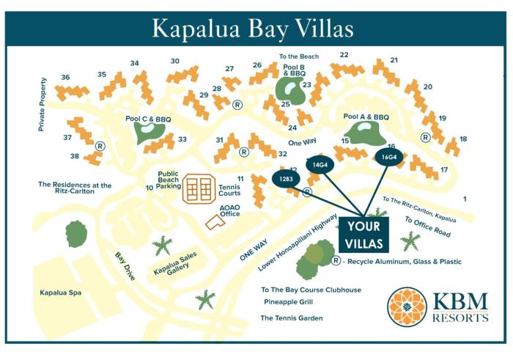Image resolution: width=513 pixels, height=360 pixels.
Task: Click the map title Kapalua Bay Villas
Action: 253,28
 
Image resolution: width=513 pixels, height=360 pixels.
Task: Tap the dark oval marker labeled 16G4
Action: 388,157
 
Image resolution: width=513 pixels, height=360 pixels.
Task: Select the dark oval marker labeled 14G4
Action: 320,166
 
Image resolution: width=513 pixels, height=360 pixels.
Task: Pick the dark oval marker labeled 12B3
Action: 287,178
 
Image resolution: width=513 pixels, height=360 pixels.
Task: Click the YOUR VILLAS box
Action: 363,234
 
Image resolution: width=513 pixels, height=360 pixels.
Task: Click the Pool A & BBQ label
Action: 366,117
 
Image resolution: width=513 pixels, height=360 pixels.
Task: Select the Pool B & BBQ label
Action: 294,70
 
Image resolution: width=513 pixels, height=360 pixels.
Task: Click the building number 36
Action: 65,77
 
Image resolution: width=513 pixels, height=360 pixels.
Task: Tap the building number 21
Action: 394,60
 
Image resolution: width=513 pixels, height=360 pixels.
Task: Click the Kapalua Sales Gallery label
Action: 174,262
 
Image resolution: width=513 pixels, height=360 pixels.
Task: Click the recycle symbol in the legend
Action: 336,260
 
